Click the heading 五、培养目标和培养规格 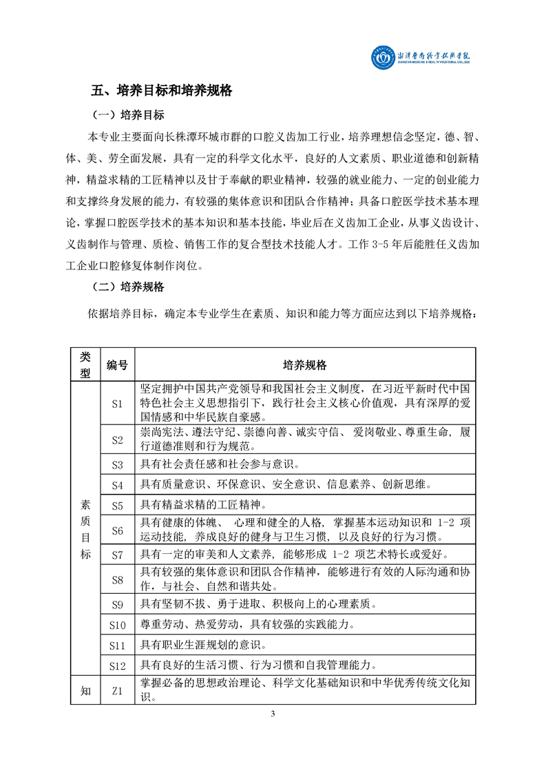(x=162, y=90)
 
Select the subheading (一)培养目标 (x=127, y=114)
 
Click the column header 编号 (x=116, y=364)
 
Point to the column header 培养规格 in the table (x=305, y=364)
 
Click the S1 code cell (x=116, y=403)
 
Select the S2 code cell (x=116, y=440)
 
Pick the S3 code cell (x=116, y=464)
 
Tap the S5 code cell (x=116, y=505)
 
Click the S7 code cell (x=116, y=555)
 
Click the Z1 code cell (x=116, y=691)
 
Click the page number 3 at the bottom (x=273, y=713)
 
